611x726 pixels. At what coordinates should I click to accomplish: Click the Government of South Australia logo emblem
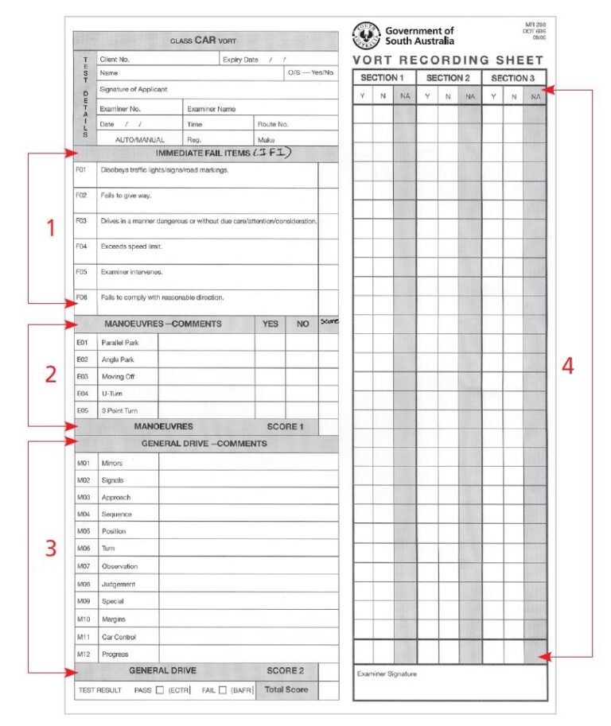366,36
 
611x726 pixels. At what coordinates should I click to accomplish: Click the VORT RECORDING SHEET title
448,60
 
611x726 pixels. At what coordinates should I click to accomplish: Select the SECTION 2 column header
449,78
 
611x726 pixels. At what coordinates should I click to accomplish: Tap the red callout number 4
567,367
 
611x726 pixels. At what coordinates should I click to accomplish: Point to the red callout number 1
50,228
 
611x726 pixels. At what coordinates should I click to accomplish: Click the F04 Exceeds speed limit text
131,247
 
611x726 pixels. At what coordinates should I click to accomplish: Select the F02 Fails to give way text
126,196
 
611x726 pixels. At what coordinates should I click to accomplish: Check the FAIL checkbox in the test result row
223,690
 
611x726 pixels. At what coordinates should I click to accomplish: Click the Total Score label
286,689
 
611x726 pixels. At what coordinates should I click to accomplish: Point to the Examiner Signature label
387,674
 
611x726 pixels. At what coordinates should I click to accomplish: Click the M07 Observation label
119,566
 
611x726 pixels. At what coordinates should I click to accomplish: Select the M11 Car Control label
119,637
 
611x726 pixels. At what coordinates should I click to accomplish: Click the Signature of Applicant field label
133,89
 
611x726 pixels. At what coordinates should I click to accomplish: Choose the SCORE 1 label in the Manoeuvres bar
285,427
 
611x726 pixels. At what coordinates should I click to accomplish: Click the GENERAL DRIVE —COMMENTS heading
204,444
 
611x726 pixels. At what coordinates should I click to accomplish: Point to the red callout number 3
50,549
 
